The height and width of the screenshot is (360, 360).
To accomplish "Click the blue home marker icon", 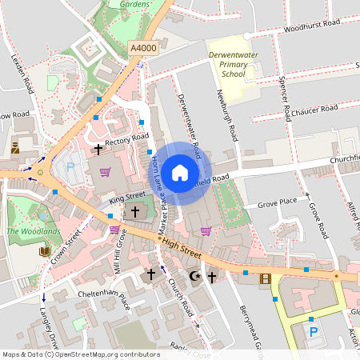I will tap(180, 173).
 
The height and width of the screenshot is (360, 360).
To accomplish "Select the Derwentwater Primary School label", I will tap(232, 63).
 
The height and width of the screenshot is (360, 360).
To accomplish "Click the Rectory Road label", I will tap(127, 139).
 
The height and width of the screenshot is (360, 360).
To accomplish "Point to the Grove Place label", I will tap(277, 202).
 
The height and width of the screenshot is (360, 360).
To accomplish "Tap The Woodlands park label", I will tap(33, 232).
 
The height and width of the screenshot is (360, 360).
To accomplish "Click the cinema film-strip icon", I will tap(266, 278).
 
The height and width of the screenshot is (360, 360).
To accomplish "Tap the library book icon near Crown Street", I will tap(44, 252).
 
